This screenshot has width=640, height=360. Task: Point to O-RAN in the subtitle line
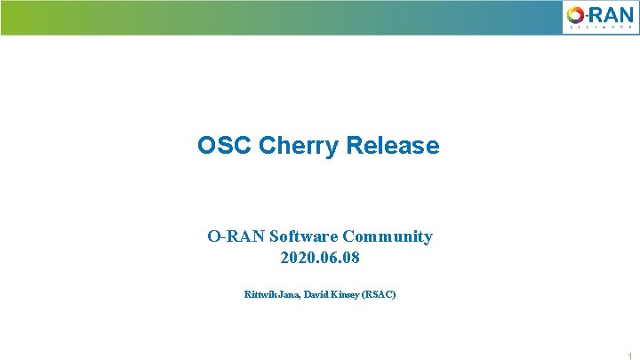click(x=236, y=236)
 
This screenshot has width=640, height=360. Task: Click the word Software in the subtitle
click(x=303, y=236)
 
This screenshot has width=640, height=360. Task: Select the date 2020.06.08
click(x=320, y=259)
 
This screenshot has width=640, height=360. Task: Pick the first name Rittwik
click(x=260, y=293)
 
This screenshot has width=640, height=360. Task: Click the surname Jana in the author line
click(x=289, y=293)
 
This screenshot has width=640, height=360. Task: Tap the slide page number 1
click(x=628, y=356)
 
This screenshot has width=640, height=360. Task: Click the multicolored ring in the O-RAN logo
click(x=576, y=15)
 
